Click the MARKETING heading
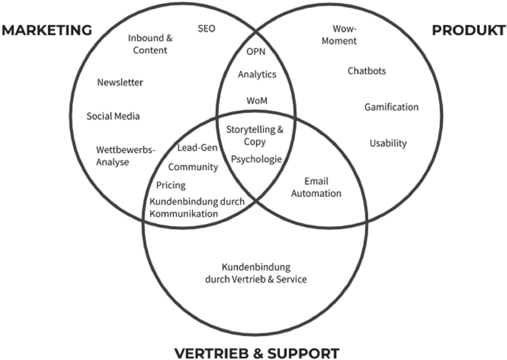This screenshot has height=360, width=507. (x=47, y=30)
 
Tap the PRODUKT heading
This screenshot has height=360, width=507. (x=468, y=30)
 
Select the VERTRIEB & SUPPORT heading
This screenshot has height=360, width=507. (x=257, y=353)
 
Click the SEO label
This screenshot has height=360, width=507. (x=207, y=29)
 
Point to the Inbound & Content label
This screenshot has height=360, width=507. (x=150, y=44)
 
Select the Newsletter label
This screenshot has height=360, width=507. (x=120, y=82)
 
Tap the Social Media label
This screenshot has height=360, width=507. (x=113, y=116)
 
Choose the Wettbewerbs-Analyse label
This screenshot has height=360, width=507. (x=126, y=155)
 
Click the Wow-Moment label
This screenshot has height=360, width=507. (x=339, y=35)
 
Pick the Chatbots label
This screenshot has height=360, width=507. (x=367, y=71)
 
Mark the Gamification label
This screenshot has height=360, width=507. (x=391, y=107)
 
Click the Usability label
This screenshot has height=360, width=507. (x=388, y=143)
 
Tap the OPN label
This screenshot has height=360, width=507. (x=256, y=51)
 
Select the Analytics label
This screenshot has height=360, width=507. (x=257, y=75)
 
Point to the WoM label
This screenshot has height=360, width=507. (x=257, y=101)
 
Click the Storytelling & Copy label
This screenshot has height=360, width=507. (x=255, y=135)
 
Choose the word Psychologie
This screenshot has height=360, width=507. (x=256, y=159)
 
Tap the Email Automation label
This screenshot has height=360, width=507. (x=316, y=187)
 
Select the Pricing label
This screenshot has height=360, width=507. (x=171, y=185)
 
